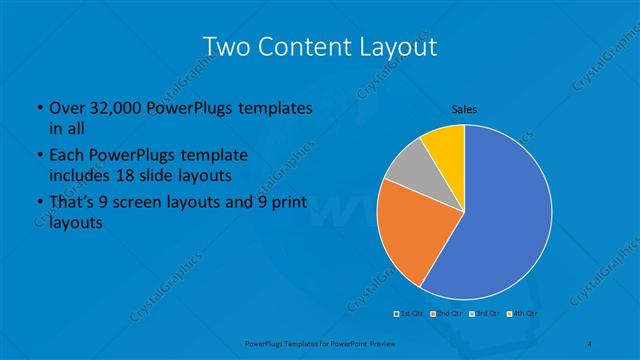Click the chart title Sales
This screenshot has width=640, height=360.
(x=464, y=108)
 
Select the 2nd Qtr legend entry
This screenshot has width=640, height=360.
(x=447, y=313)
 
